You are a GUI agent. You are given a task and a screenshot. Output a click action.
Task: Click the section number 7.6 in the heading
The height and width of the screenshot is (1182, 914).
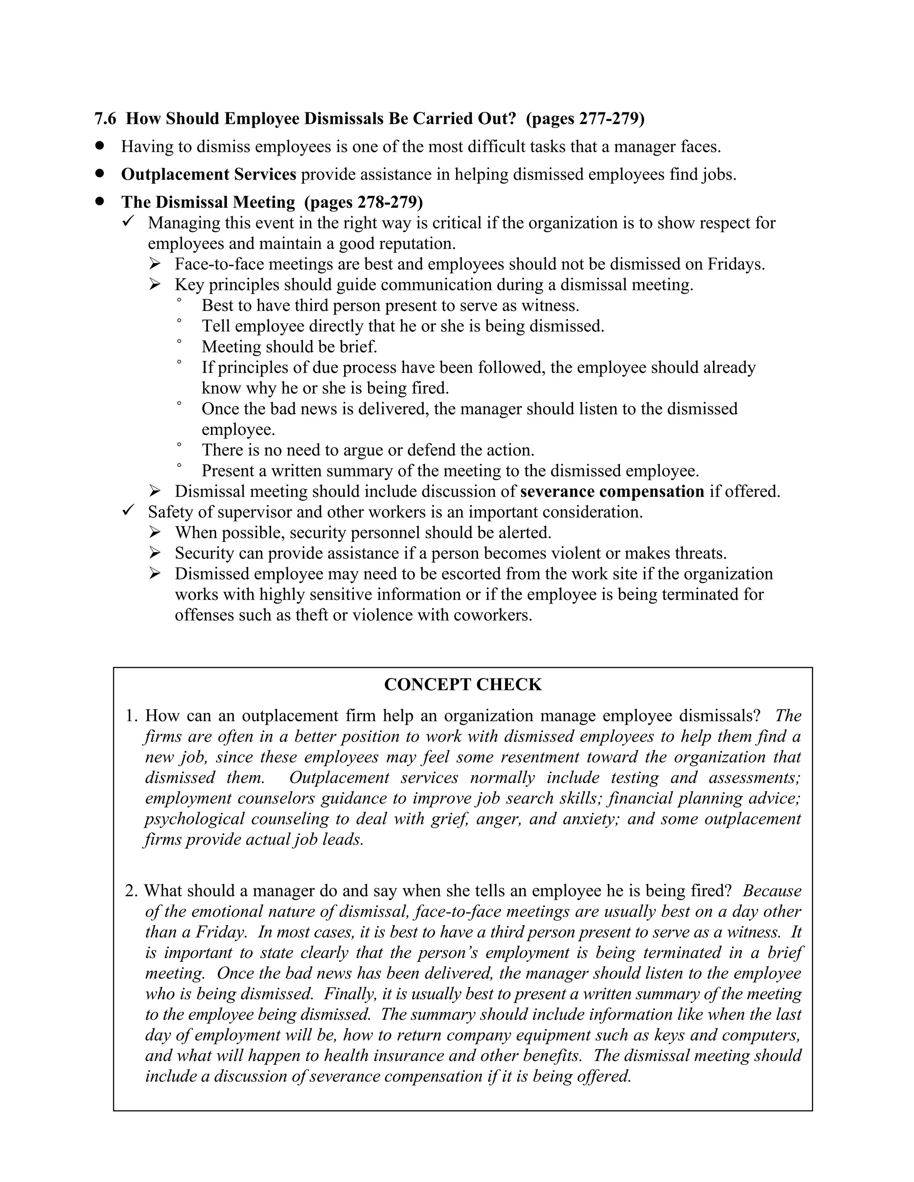click(105, 119)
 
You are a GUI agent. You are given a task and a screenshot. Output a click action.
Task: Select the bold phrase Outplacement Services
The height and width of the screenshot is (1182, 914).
click(208, 174)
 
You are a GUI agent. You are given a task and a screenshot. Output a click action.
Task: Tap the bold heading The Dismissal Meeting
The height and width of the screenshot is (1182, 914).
click(208, 202)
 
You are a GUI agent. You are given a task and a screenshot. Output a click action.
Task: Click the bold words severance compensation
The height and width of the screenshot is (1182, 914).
click(612, 492)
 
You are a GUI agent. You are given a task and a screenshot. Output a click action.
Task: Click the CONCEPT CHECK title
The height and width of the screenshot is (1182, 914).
click(462, 685)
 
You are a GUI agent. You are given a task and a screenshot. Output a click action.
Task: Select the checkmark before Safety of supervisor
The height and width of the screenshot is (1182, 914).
click(129, 510)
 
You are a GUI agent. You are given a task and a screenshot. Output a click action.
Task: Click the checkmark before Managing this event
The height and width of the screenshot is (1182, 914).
click(129, 221)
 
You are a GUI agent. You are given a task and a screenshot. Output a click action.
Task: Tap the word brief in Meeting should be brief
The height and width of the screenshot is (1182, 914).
click(358, 347)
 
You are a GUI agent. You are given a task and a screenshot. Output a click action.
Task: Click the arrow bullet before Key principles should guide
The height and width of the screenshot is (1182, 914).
click(155, 285)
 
